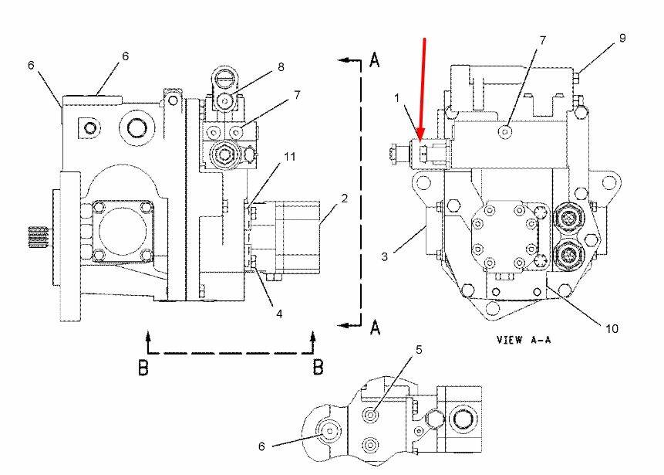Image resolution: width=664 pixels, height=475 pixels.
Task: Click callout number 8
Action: pyautogui.click(x=281, y=67)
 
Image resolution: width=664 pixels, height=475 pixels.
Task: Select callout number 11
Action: pyautogui.click(x=288, y=157)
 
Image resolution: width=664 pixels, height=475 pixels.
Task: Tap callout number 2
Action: pyautogui.click(x=345, y=198)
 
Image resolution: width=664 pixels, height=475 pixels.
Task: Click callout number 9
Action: pyautogui.click(x=622, y=38)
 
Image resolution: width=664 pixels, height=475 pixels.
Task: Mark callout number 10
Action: pyautogui.click(x=612, y=328)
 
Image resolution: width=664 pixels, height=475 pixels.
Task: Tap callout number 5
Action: pyautogui.click(x=420, y=350)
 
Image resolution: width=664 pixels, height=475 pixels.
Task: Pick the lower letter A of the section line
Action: pyautogui.click(x=375, y=327)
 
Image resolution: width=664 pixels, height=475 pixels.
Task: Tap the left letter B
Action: pyautogui.click(x=143, y=368)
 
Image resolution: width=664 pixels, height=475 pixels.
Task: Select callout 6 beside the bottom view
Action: pyautogui.click(x=261, y=446)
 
